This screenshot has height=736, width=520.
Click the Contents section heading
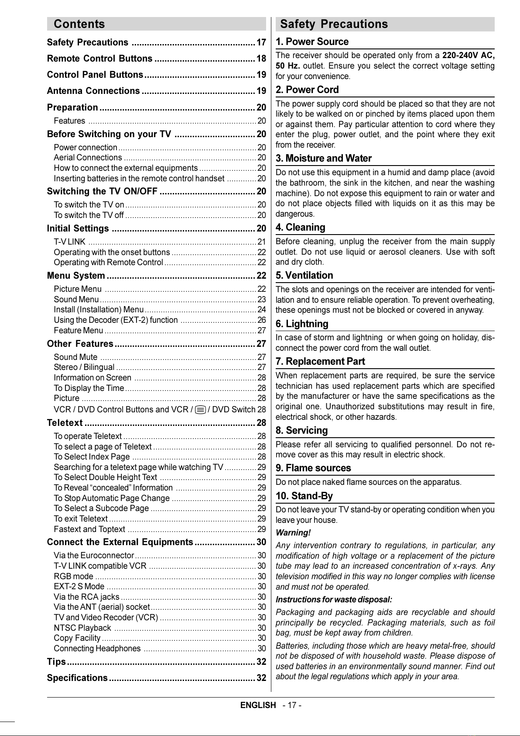[79, 24]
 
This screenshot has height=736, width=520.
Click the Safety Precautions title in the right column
[334, 24]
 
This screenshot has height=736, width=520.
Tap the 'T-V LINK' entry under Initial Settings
[69, 242]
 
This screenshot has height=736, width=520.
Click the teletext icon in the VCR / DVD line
[201, 410]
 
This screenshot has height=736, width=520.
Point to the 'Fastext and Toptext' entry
[89, 529]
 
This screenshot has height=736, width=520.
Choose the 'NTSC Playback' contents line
[82, 628]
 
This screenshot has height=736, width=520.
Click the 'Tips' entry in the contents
[56, 662]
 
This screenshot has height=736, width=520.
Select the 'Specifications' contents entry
[77, 678]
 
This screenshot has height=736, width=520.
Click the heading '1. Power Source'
[312, 42]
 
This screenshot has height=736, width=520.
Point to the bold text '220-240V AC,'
[469, 55]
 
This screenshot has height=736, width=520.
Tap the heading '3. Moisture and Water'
[324, 159]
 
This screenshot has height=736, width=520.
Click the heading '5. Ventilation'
[304, 276]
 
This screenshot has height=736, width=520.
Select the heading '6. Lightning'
[302, 324]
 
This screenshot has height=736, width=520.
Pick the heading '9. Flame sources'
[313, 468]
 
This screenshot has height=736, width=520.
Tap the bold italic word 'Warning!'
[293, 533]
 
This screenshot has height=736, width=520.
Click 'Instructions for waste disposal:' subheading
[334, 600]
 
